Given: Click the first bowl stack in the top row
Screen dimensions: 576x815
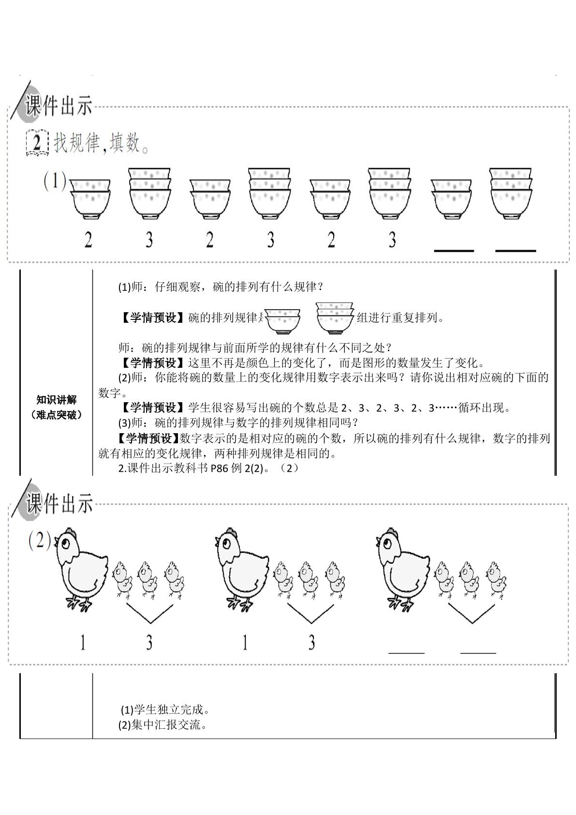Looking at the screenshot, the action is (x=90, y=198).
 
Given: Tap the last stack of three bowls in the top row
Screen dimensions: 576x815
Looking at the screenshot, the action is (x=510, y=193).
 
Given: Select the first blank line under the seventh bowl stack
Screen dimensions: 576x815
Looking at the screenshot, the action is (x=454, y=251).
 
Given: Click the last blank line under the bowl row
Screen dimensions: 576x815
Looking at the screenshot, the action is (x=515, y=251).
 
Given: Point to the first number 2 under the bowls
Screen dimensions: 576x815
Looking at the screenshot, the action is (x=89, y=240).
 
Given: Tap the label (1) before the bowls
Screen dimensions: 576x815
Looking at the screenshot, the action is (x=55, y=181).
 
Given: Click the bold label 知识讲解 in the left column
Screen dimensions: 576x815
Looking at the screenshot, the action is (x=57, y=399).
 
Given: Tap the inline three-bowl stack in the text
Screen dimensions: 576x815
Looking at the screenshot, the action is (x=335, y=318).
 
